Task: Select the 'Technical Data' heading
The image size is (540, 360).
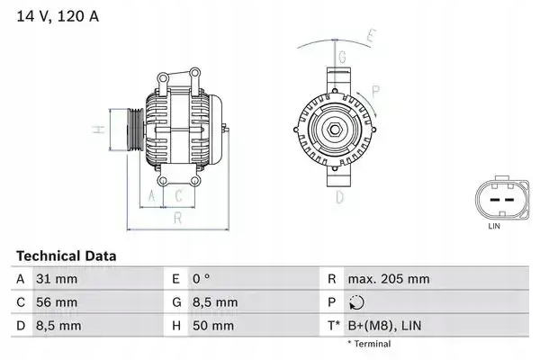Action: point(66,256)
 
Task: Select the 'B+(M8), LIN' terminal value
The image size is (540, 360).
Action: point(384,325)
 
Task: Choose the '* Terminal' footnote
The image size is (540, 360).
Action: point(369,344)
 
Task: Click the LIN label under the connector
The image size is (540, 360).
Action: point(493,228)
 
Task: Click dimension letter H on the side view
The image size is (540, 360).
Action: point(99,131)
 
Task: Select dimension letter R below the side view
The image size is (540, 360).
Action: point(178,217)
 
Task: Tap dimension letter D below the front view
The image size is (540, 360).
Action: point(340,195)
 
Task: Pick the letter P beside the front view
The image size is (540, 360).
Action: point(375,90)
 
